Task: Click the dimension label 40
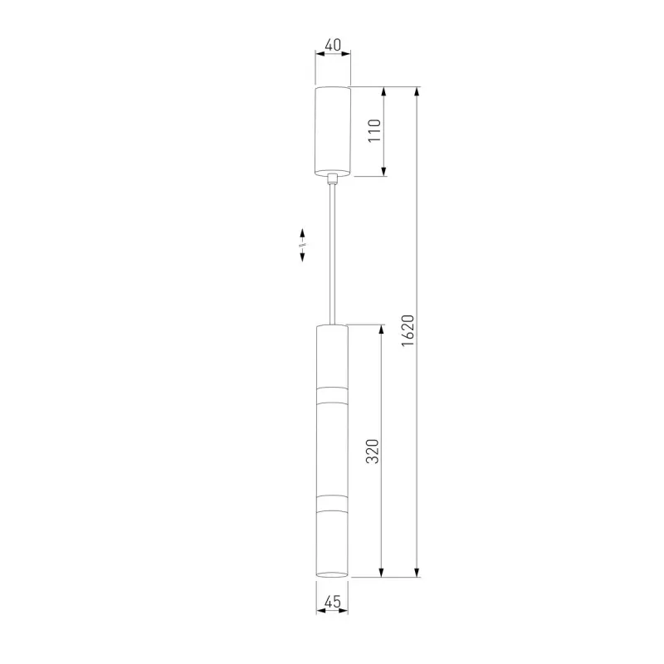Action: click(x=333, y=45)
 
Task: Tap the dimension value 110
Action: click(x=374, y=130)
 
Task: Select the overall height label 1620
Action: click(x=408, y=330)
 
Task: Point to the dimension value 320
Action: click(x=372, y=451)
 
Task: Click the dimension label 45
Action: click(x=333, y=601)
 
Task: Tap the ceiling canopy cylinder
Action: click(x=333, y=131)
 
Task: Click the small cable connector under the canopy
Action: click(x=333, y=178)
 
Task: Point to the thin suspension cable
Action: click(x=333, y=255)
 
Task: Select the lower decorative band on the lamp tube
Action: click(x=333, y=503)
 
